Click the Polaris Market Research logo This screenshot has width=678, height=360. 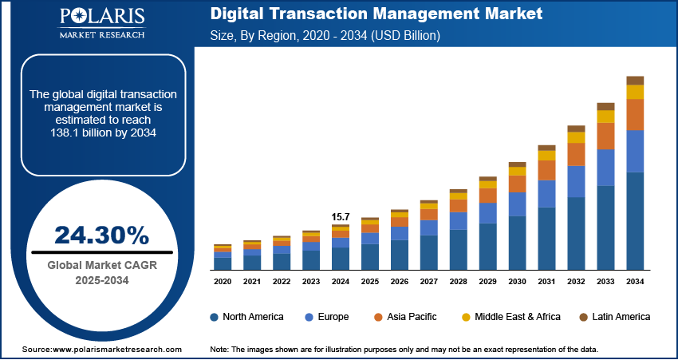pyautogui.click(x=101, y=25)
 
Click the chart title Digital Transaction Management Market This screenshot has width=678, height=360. pyautogui.click(x=376, y=14)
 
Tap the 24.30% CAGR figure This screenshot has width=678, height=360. pyautogui.click(x=101, y=235)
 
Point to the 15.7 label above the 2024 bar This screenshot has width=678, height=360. pyautogui.click(x=341, y=216)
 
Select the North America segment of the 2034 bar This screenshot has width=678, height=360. pyautogui.click(x=635, y=220)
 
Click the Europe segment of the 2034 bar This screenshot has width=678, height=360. pyautogui.click(x=635, y=151)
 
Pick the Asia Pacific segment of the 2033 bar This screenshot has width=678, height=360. pyautogui.click(x=605, y=136)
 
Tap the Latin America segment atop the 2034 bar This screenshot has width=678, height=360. pyautogui.click(x=635, y=80)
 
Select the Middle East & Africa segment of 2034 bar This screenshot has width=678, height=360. pyautogui.click(x=635, y=92)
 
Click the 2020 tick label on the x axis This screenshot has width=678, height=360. pyautogui.click(x=223, y=282)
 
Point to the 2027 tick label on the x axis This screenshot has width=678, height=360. pyautogui.click(x=428, y=282)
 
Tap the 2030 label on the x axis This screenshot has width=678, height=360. pyautogui.click(x=517, y=282)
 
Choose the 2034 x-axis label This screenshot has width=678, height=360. pyautogui.click(x=635, y=282)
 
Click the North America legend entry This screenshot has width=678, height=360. pyautogui.click(x=246, y=317)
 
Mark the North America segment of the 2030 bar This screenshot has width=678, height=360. pyautogui.click(x=517, y=243)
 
